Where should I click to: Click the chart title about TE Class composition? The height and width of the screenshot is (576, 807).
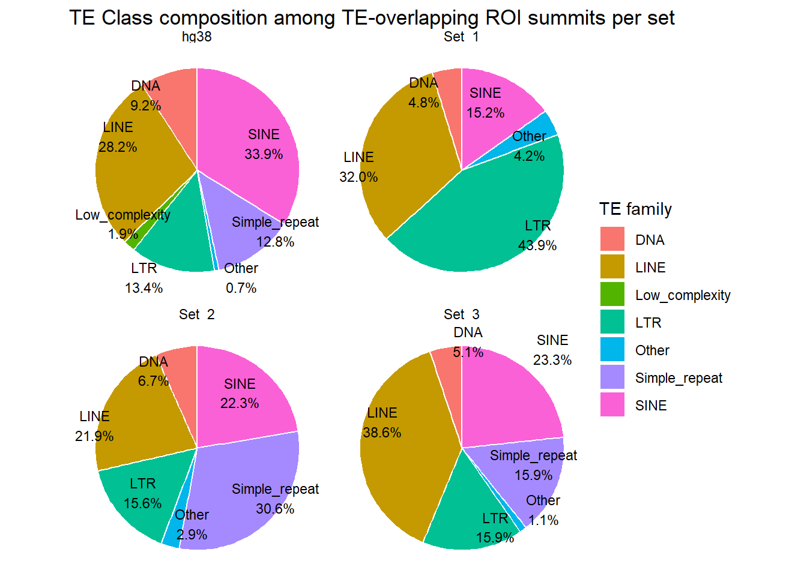[372, 17]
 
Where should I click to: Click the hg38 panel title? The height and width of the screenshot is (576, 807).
[197, 37]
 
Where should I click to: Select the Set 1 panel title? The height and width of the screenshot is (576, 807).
[461, 37]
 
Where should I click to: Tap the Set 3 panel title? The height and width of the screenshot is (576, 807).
[461, 314]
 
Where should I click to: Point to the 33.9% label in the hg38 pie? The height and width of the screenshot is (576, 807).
[264, 154]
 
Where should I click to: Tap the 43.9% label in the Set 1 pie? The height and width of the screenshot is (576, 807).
[537, 245]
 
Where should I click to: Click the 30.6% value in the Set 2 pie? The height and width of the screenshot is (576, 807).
[275, 509]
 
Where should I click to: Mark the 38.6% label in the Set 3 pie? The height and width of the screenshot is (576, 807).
[382, 433]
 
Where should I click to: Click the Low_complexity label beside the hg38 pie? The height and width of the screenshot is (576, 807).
[122, 215]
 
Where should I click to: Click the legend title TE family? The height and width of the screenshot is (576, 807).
[635, 209]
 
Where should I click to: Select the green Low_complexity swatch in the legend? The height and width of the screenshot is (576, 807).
[612, 294]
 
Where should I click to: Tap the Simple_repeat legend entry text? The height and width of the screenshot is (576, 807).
[679, 378]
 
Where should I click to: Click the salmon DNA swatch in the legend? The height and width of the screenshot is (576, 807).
[612, 239]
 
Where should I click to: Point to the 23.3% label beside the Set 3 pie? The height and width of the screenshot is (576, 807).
[552, 360]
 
